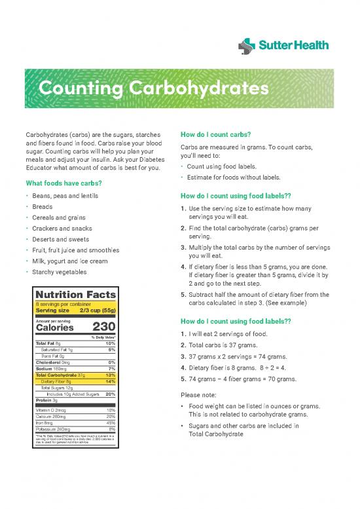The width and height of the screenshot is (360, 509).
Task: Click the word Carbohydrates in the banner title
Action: (x=190, y=87)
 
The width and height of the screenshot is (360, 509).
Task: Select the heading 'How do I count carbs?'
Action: (x=216, y=136)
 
